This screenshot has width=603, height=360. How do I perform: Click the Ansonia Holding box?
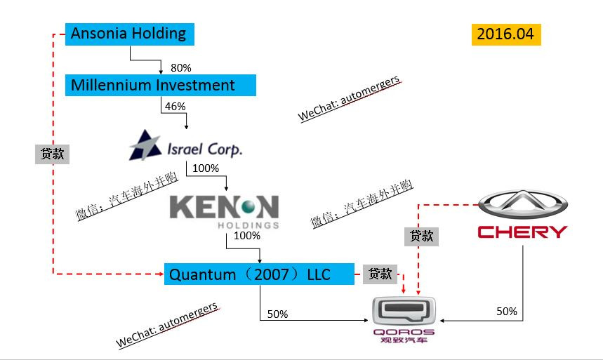[130, 34]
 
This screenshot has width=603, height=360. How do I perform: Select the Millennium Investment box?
[160, 85]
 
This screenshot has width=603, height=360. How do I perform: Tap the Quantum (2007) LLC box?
[259, 274]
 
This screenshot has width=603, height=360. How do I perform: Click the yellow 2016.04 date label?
[506, 34]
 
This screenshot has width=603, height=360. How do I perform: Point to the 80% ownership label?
[180, 67]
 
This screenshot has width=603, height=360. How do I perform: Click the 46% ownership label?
[175, 106]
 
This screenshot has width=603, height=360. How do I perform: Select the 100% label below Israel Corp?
[206, 168]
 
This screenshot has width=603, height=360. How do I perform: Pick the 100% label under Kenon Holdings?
[247, 235]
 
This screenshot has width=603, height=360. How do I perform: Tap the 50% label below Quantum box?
[277, 314]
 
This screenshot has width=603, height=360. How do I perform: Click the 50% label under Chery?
[507, 311]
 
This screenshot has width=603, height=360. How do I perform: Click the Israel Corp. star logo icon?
[145, 145]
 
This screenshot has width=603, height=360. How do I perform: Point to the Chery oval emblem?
[523, 205]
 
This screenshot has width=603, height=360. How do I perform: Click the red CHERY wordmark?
[522, 232]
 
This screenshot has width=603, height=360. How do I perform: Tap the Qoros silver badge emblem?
[404, 311]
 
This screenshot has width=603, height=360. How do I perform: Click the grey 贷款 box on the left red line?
[53, 154]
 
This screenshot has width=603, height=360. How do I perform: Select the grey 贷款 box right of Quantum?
[380, 274]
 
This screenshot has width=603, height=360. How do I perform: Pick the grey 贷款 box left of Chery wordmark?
[421, 236]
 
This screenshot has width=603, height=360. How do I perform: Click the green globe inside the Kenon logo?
[248, 207]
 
